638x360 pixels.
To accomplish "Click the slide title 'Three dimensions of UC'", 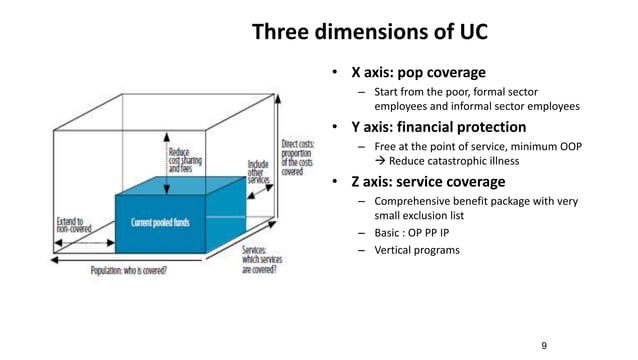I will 369,32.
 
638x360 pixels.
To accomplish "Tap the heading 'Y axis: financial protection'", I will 437,127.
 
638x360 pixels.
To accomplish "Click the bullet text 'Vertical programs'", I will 416,250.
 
